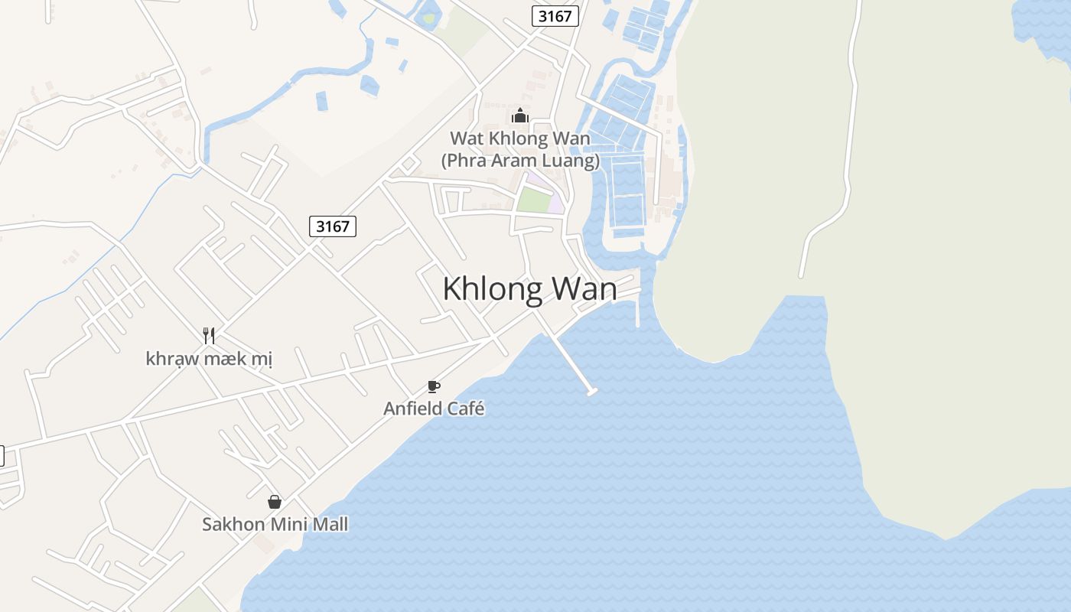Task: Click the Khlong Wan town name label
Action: [529, 289]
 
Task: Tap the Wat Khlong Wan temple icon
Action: [520, 116]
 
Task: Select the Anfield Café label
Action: [434, 409]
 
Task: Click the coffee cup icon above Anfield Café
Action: [434, 387]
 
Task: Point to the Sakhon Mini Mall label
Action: [275, 525]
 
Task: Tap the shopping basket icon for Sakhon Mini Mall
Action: [275, 503]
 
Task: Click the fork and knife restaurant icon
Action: [209, 335]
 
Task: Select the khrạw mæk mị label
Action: [209, 358]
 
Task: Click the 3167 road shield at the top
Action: [555, 16]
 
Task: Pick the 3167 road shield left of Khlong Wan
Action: [333, 226]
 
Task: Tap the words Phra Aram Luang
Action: [520, 161]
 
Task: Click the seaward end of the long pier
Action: [591, 392]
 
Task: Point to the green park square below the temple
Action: [535, 200]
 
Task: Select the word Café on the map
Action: [466, 409]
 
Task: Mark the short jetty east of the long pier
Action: [638, 314]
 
